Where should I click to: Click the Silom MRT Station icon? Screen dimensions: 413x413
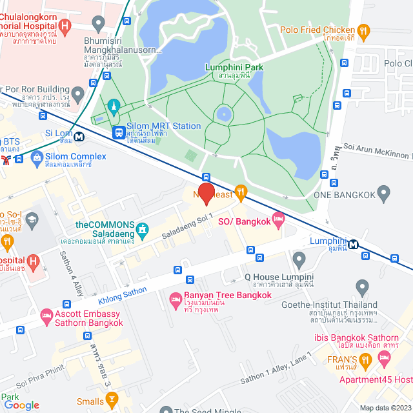click(119, 132)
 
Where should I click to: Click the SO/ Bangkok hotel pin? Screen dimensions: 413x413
click(278, 221)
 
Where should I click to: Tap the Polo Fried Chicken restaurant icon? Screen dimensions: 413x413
click(363, 30)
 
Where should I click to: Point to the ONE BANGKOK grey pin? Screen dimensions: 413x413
click(384, 192)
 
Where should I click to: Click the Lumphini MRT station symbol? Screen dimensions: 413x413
click(354, 244)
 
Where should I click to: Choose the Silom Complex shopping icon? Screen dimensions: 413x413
click(37, 157)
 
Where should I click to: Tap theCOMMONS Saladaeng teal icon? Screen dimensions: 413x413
click(143, 228)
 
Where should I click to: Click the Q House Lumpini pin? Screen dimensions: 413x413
click(299, 261)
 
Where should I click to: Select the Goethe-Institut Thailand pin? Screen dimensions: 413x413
click(362, 286)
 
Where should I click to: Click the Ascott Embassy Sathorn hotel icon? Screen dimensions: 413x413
click(46, 316)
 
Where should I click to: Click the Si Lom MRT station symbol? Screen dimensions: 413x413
click(79, 136)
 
